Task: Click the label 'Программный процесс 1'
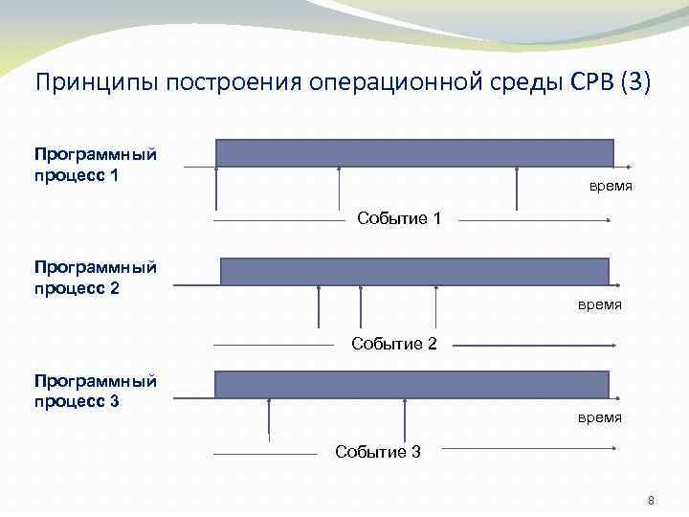pyautogui.click(x=96, y=165)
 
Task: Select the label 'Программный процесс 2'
pyautogui.click(x=96, y=277)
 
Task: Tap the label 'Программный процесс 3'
pyautogui.click(x=96, y=391)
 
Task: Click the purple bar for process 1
pyautogui.click(x=414, y=153)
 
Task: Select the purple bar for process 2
pyautogui.click(x=414, y=271)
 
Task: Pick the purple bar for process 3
pyautogui.click(x=411, y=384)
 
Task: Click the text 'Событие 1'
pyautogui.click(x=399, y=219)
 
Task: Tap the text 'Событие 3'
pyautogui.click(x=377, y=452)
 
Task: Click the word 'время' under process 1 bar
pyautogui.click(x=610, y=186)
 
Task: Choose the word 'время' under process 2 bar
pyautogui.click(x=599, y=304)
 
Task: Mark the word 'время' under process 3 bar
pyautogui.click(x=599, y=417)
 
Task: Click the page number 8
pyautogui.click(x=651, y=501)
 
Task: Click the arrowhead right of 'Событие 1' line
pyautogui.click(x=607, y=221)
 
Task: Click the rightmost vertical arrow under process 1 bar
pyautogui.click(x=517, y=189)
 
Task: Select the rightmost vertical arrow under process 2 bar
pyautogui.click(x=436, y=306)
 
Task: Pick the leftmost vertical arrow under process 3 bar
pyautogui.click(x=270, y=419)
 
